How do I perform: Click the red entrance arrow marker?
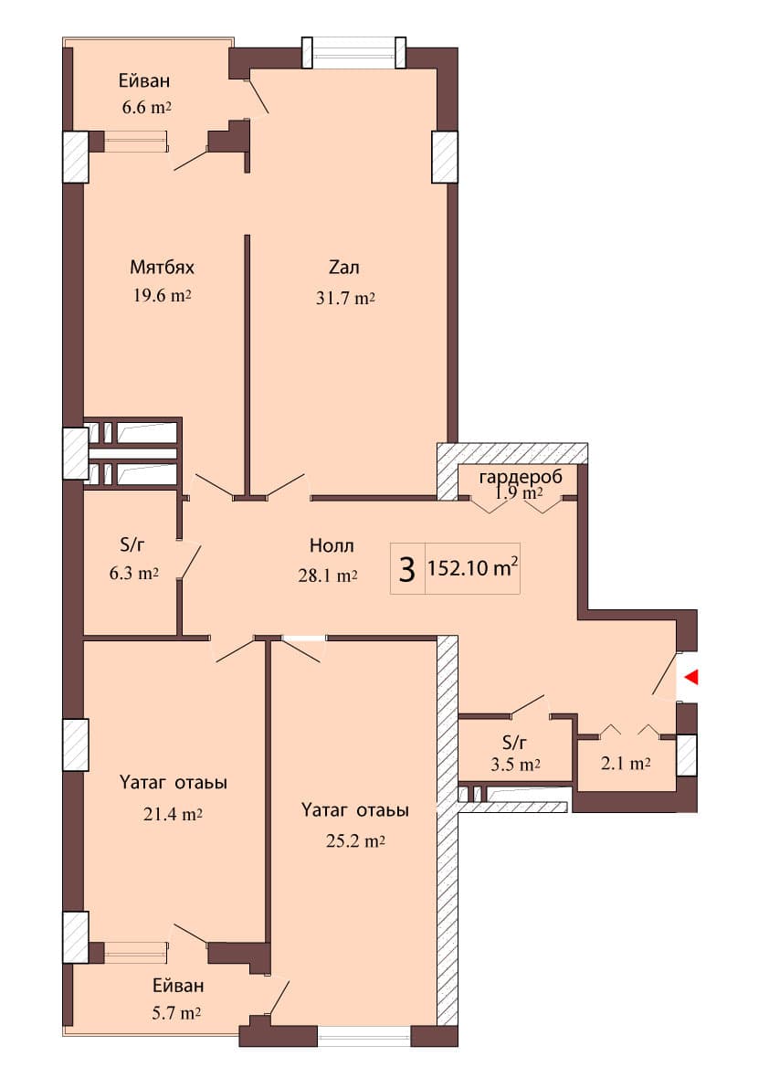point(692,677)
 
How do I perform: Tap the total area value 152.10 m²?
point(473,569)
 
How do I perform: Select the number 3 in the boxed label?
point(407,570)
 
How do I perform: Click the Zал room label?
point(344,268)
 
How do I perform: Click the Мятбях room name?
point(162,268)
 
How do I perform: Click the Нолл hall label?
point(332,546)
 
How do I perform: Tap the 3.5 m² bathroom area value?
point(515,765)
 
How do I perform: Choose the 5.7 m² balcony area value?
point(177,1012)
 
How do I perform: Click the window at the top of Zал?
point(354,53)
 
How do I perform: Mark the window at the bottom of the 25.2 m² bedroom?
point(363,1036)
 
